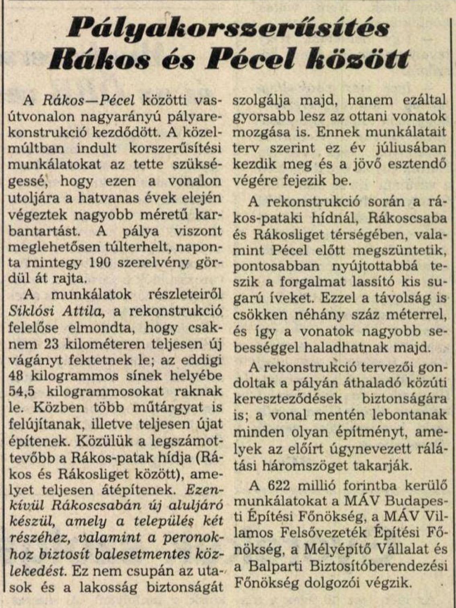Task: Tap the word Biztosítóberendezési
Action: click(377, 566)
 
